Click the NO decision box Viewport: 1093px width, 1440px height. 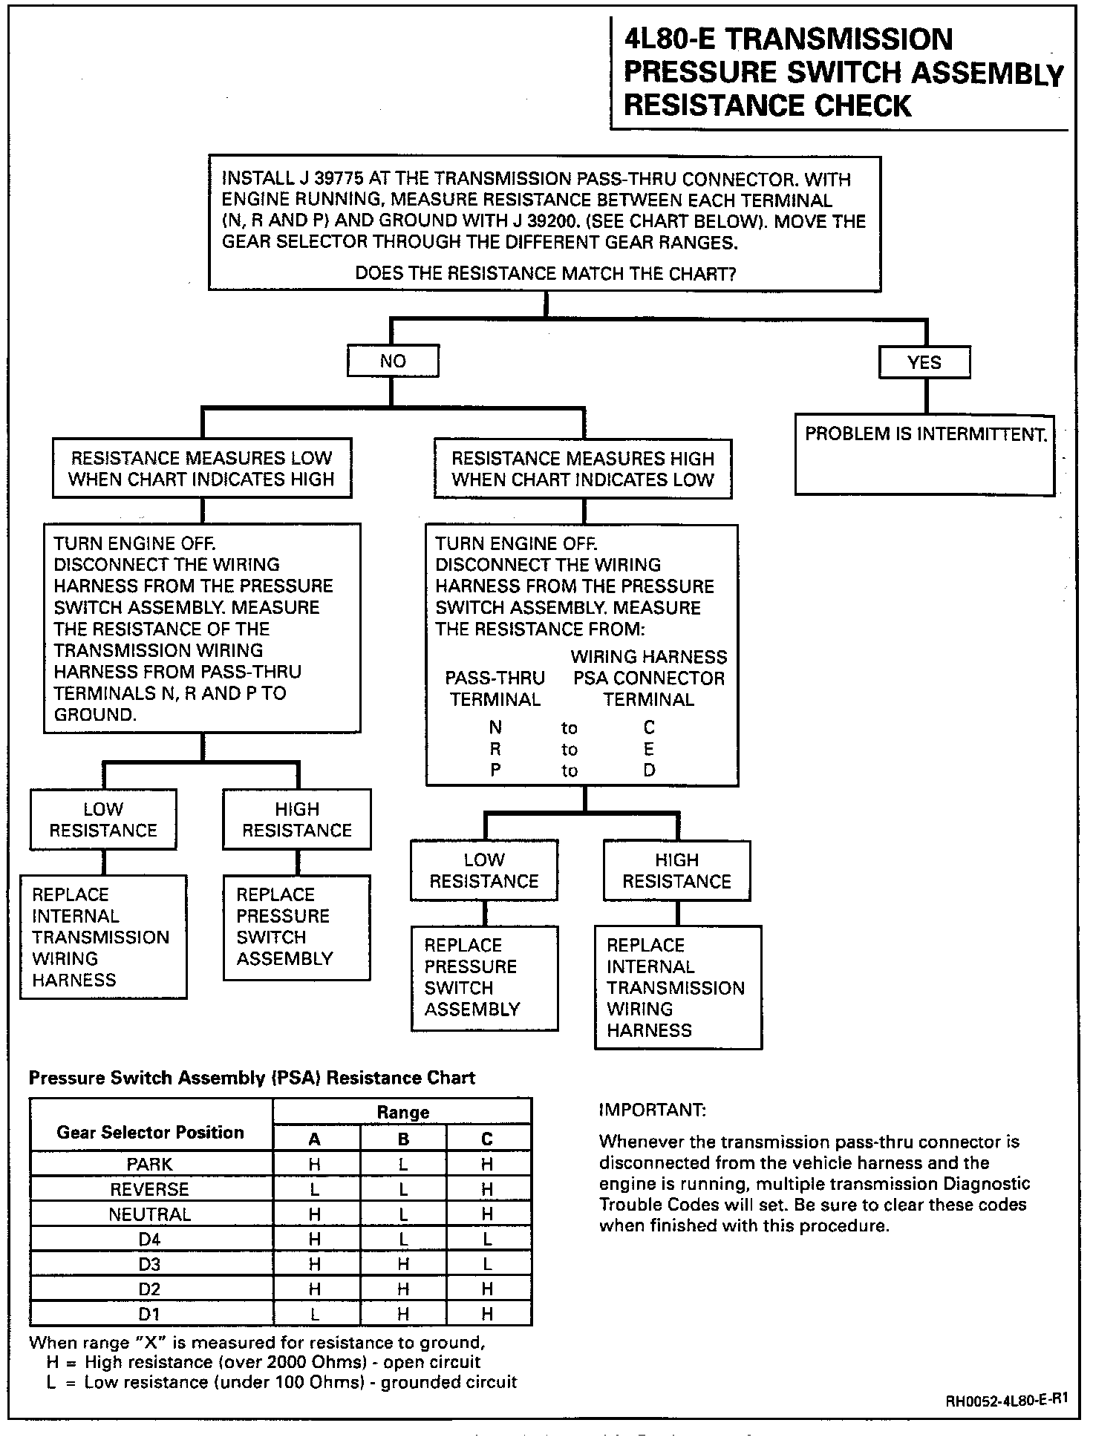(393, 361)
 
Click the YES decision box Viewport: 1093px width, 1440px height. (924, 363)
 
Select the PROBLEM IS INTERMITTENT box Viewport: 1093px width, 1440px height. (924, 454)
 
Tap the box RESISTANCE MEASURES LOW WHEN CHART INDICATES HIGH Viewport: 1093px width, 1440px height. (201, 468)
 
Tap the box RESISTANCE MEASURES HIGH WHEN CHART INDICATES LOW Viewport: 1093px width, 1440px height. (582, 469)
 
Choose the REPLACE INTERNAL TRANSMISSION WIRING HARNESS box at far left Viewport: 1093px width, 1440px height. (102, 937)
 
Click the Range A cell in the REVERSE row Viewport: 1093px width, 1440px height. (315, 1189)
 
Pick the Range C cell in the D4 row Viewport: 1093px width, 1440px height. (487, 1239)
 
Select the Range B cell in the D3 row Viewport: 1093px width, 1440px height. (403, 1264)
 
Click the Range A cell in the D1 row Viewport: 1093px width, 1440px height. (315, 1314)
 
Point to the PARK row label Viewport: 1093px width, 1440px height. (149, 1165)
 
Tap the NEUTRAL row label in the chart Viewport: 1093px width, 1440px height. (149, 1214)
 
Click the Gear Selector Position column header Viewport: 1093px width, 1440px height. (150, 1132)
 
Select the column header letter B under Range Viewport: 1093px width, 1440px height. (403, 1139)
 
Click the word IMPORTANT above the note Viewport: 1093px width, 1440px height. (652, 1110)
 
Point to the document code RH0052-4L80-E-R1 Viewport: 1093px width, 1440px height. (1006, 1401)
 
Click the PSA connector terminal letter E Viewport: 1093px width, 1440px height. (649, 749)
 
